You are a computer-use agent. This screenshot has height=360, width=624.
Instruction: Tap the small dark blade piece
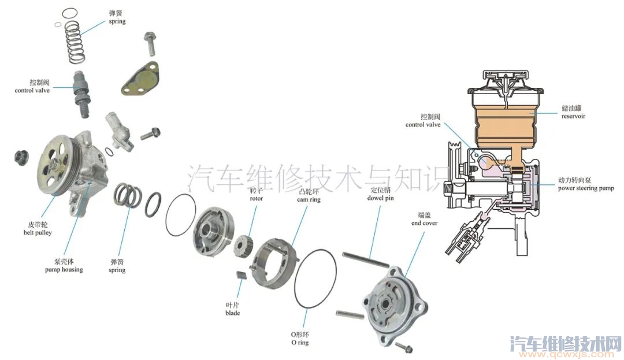[x=241, y=275]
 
